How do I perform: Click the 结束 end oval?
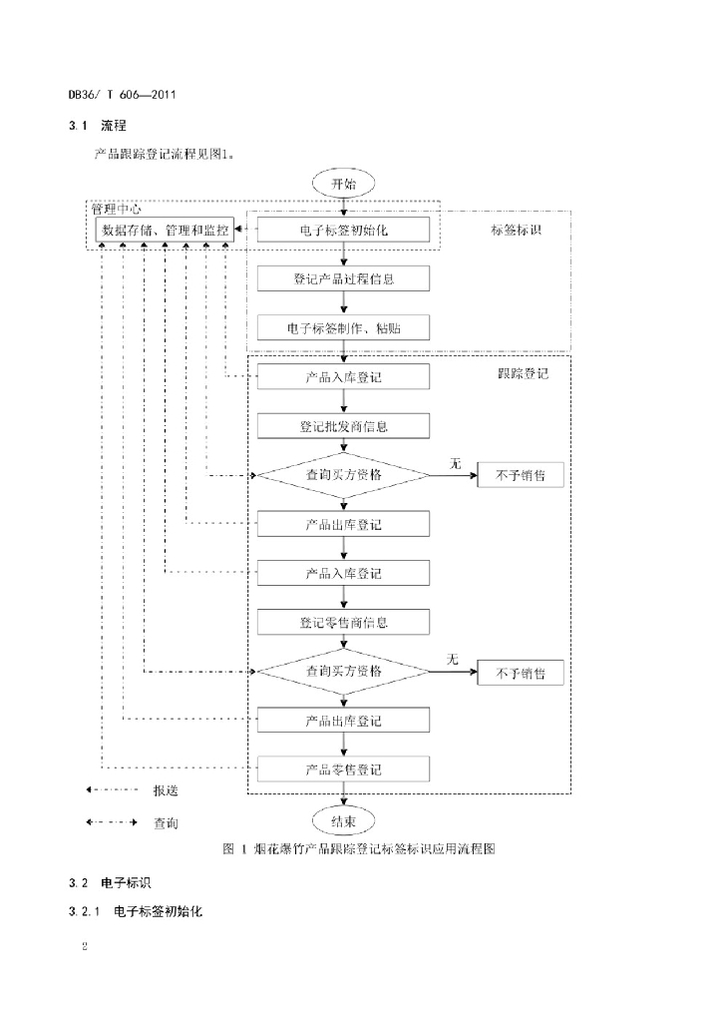(x=343, y=820)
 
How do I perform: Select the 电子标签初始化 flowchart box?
(x=343, y=230)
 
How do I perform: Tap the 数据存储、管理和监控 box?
(x=166, y=230)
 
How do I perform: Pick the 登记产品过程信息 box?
(x=343, y=278)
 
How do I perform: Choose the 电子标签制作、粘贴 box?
(x=343, y=327)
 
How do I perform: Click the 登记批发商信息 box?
(x=343, y=426)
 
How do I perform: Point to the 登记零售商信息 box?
(x=343, y=623)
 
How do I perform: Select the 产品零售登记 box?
(x=343, y=769)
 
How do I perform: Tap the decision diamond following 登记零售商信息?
(x=343, y=671)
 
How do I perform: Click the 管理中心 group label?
(x=116, y=210)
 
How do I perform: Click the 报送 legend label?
(x=166, y=790)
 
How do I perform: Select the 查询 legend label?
(x=166, y=824)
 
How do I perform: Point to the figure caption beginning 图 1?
(x=360, y=849)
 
